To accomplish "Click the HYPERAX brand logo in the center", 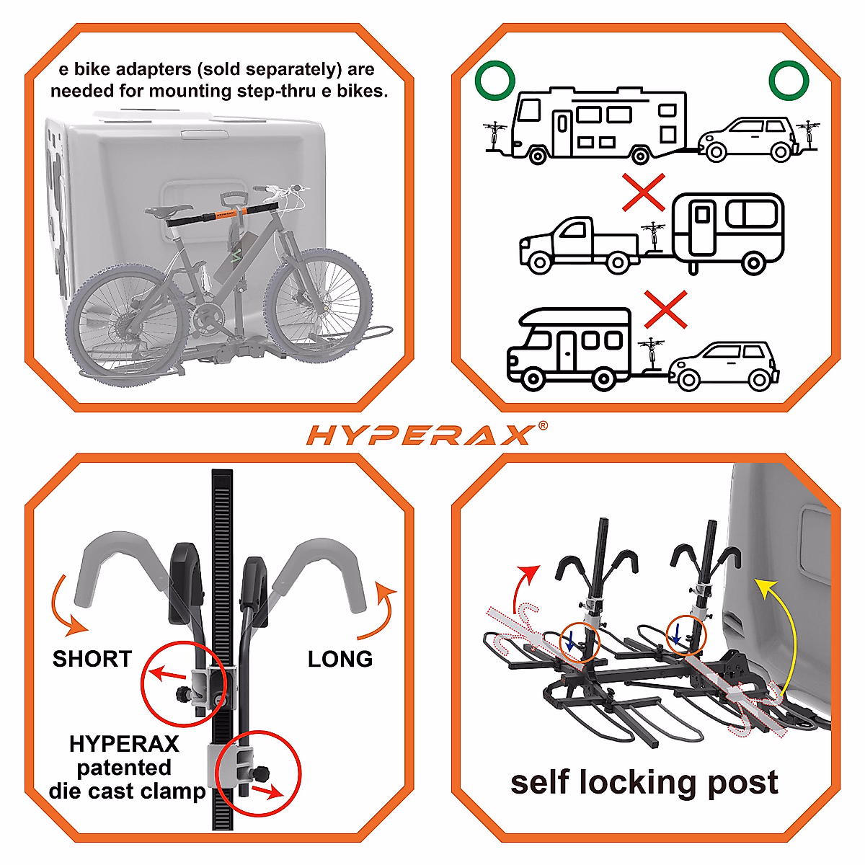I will [x=422, y=435].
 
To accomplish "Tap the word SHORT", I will [x=92, y=659].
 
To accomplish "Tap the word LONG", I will [x=340, y=659].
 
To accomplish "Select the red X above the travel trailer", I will [x=644, y=192].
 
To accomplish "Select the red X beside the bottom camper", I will [x=665, y=310].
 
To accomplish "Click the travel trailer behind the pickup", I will [x=727, y=229].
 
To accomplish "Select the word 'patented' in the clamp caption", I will [x=124, y=767].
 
